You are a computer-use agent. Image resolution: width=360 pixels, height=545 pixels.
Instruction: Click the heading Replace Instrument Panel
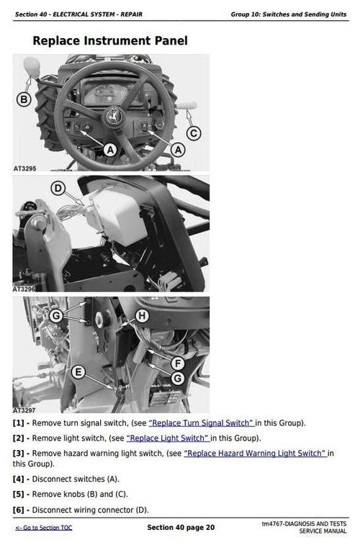110,40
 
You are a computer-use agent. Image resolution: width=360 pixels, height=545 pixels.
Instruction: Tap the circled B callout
24,100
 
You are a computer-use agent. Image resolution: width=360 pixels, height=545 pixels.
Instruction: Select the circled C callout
194,133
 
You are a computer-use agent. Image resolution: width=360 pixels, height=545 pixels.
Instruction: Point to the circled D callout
58,189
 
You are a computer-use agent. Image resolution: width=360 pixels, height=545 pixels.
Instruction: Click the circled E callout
78,372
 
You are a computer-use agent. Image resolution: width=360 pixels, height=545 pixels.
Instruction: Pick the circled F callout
178,364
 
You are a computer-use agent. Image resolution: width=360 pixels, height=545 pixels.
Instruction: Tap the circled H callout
142,316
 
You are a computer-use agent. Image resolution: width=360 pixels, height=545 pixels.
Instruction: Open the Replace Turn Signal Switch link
201,423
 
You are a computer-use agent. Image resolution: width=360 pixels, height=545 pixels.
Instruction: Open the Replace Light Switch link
168,438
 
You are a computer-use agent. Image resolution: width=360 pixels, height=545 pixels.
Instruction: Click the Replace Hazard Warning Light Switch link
255,454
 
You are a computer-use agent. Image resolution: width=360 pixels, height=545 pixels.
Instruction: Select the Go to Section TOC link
44,528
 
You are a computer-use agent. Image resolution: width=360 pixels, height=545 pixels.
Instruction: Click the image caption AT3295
24,168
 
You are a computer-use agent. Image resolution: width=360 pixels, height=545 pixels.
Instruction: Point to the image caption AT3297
24,410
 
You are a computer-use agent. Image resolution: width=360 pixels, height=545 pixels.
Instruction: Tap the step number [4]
19,479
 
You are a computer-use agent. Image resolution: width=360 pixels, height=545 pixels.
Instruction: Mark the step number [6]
19,510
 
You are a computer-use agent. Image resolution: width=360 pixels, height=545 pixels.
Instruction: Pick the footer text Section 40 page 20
181,527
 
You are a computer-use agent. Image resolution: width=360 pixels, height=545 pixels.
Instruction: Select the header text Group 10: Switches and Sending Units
289,14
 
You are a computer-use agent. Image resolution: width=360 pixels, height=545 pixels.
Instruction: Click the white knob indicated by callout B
32,67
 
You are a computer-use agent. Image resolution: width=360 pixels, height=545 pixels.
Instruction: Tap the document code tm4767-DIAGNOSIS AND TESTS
304,523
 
